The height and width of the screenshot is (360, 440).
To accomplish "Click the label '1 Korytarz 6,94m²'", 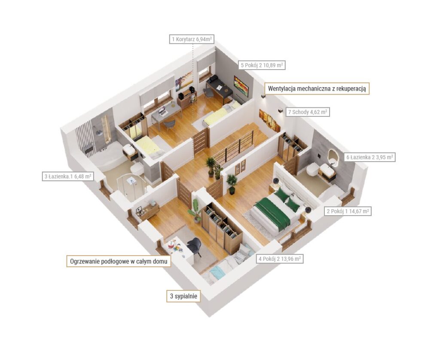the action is (x=192, y=39).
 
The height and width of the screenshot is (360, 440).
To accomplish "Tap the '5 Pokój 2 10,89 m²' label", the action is (x=262, y=65).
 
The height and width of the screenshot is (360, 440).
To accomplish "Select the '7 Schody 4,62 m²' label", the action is (x=307, y=112).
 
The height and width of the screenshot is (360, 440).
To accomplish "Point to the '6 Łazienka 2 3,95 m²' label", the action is (x=369, y=157).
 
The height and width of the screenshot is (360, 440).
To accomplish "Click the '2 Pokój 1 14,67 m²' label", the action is (x=348, y=211).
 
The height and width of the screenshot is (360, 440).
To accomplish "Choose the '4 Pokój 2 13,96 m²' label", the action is (x=279, y=259).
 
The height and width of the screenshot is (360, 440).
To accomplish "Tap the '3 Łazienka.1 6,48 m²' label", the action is (x=68, y=176).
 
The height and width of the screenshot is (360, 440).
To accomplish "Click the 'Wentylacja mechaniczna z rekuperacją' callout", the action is (x=317, y=88).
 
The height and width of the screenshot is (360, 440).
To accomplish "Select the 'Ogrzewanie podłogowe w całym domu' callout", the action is (x=119, y=261).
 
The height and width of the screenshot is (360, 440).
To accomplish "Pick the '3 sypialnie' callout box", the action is (x=183, y=296).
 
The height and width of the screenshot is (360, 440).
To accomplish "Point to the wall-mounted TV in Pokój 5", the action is (x=241, y=85).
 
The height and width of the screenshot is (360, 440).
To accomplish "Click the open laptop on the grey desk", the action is (x=162, y=111).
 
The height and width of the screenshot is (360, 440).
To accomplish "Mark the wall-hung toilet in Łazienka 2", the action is (x=312, y=169).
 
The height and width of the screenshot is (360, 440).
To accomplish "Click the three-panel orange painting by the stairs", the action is (x=270, y=120).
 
